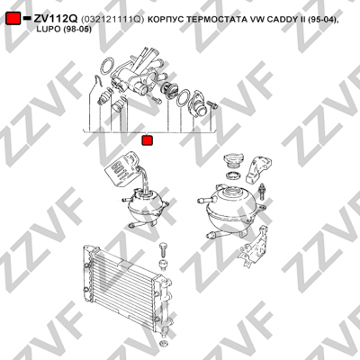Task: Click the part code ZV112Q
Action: point(56,19)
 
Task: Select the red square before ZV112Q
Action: point(13,19)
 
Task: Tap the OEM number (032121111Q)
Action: point(112,19)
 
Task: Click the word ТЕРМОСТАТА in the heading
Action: point(215,19)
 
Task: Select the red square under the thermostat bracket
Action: point(147,140)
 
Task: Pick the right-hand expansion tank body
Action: point(231,210)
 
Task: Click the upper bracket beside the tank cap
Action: point(258,169)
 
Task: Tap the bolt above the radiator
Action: point(163,249)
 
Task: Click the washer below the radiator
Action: point(164,343)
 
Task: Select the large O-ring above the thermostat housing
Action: point(107,67)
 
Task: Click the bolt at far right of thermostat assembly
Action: point(212,104)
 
